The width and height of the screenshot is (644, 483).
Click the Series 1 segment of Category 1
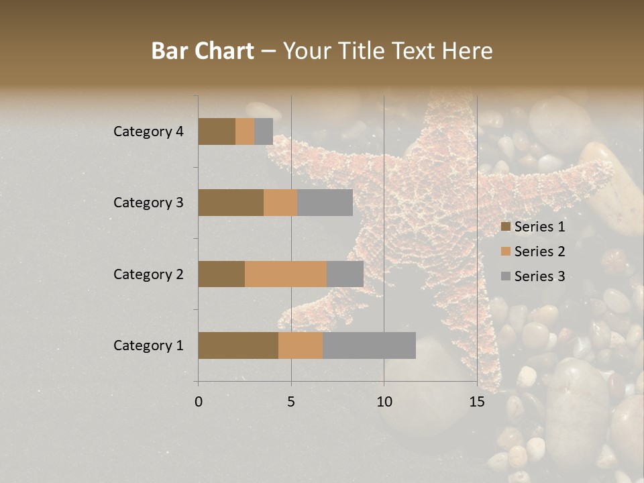238,345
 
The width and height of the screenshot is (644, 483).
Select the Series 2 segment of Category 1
301,345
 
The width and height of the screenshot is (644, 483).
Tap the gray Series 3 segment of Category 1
369,345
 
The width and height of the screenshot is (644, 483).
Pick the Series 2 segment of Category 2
286,274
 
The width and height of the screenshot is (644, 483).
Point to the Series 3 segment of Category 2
345,274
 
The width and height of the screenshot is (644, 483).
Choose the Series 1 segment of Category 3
231,203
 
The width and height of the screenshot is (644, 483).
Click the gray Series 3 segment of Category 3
325,203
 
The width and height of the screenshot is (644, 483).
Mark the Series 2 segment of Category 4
245,131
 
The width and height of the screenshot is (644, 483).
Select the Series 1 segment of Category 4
217,131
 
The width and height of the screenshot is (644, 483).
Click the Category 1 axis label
148,345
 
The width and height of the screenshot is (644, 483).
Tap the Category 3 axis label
148,203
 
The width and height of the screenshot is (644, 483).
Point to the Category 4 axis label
148,131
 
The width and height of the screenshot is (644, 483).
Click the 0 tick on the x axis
199,402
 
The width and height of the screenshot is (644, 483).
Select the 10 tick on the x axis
384,402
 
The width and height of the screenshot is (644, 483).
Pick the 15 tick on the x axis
476,402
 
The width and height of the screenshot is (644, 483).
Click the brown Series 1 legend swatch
505,227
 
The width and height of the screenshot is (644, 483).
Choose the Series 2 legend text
539,252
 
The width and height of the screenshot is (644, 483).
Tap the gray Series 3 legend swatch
505,276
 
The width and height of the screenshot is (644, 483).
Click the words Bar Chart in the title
203,51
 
